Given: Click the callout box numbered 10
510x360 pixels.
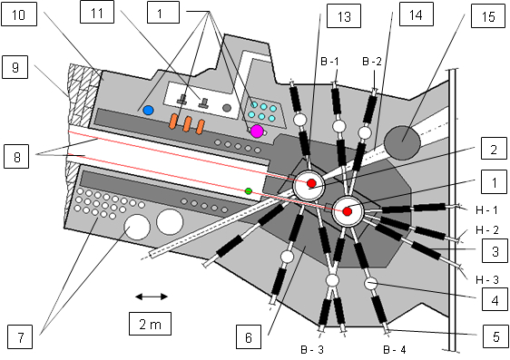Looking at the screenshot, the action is (19, 14).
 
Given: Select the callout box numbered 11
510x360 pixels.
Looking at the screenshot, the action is (97, 12).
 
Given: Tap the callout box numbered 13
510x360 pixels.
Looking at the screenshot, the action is (344, 16).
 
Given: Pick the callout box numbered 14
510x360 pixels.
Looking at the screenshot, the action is (417, 14).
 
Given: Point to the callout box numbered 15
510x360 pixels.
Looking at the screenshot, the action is (488, 15).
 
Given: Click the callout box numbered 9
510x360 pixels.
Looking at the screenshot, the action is (15, 67).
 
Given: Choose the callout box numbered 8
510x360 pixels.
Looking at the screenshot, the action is (16, 156).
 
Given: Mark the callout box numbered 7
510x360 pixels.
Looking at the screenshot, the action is (20, 336).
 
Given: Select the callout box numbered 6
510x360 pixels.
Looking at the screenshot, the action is (249, 336).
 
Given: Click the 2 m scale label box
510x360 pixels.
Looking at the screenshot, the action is (150, 324).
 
